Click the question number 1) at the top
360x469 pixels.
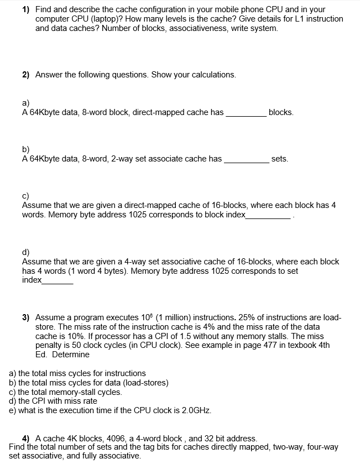(x=27, y=9)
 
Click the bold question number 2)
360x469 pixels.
(x=27, y=75)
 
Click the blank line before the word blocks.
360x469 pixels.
(x=246, y=113)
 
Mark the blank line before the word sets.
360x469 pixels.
(x=246, y=159)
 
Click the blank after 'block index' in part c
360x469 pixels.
(x=268, y=215)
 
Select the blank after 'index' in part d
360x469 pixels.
(x=58, y=280)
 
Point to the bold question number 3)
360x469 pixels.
(x=27, y=317)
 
